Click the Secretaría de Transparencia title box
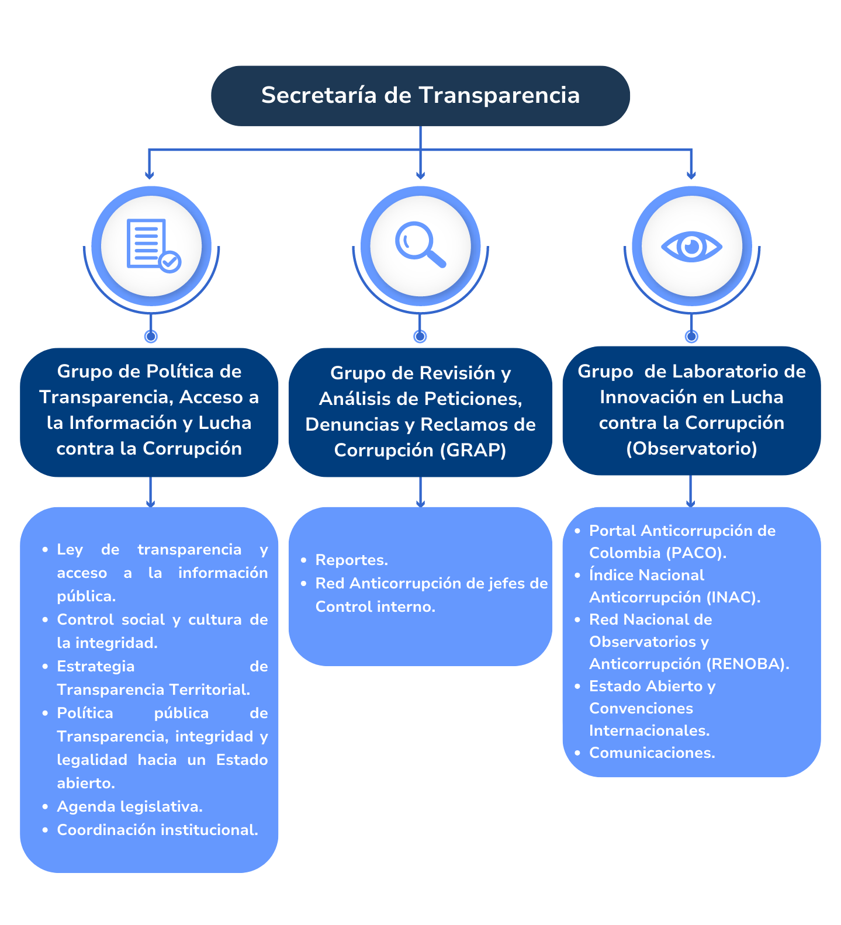(x=420, y=96)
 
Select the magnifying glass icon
(x=420, y=245)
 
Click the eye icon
(x=691, y=247)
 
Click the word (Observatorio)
(x=691, y=448)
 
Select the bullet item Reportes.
(x=351, y=560)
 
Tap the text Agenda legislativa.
(x=130, y=806)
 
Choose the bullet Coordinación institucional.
(x=157, y=830)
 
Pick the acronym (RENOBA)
(x=747, y=664)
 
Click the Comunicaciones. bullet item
(x=652, y=753)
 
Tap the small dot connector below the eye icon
(x=691, y=336)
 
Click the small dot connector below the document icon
(x=151, y=336)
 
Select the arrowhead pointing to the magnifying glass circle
(x=420, y=175)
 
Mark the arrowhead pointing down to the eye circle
(x=691, y=175)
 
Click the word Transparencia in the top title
(x=499, y=95)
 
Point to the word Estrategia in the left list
(x=96, y=666)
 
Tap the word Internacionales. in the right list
(x=649, y=730)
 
